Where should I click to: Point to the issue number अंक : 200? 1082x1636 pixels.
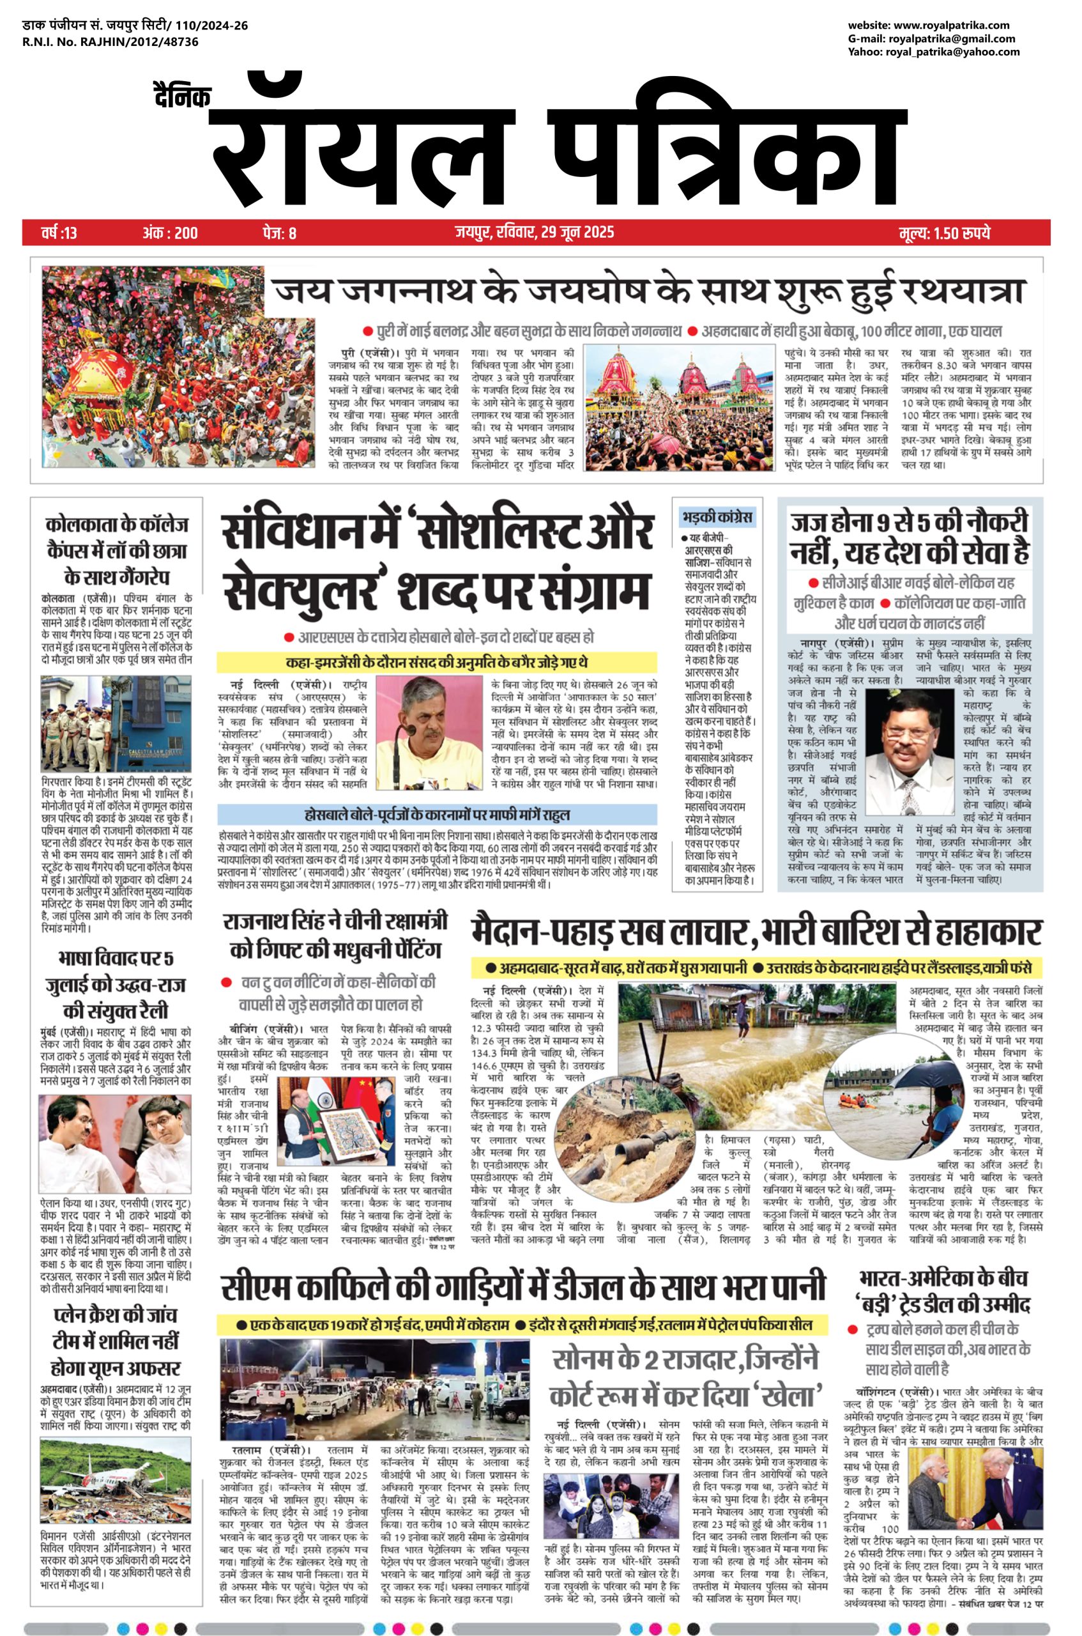[170, 233]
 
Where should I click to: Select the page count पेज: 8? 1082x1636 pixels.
[280, 233]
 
